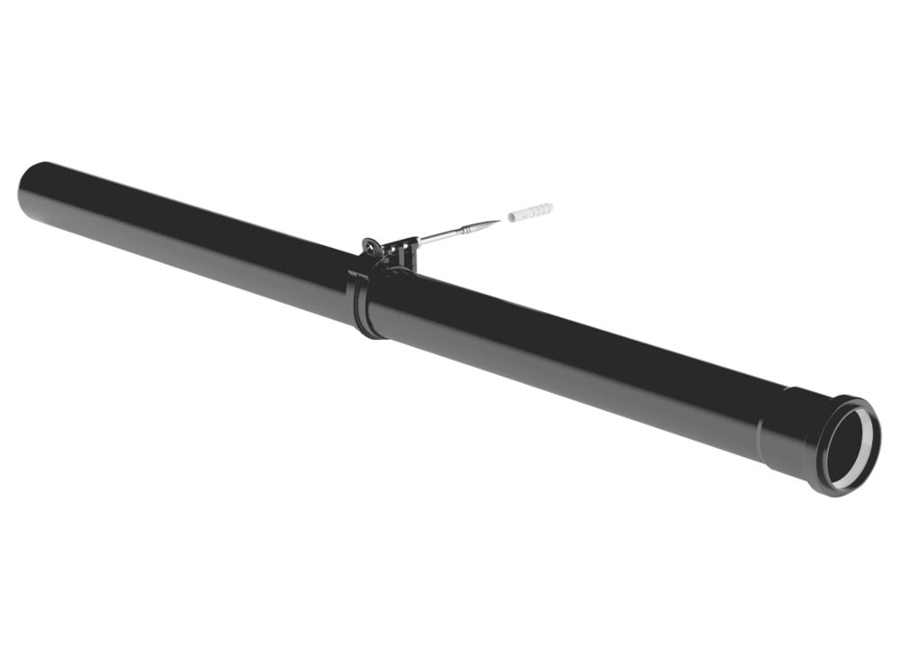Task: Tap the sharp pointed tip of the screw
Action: [x=499, y=220]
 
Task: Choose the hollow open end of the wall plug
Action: [x=511, y=218]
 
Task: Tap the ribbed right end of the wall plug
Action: [x=546, y=209]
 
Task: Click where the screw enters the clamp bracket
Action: [x=418, y=242]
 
